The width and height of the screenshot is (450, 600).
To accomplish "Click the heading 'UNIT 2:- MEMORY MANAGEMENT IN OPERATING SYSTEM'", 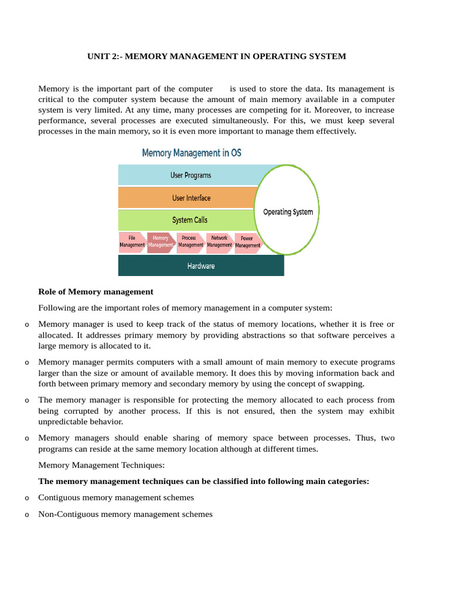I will pyautogui.click(x=216, y=56).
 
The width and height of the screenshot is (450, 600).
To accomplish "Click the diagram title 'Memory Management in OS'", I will pyautogui.click(x=192, y=153).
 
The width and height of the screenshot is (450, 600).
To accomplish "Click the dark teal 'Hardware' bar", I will pyautogui.click(x=201, y=265).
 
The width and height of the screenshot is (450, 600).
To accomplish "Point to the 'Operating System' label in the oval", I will pyautogui.click(x=288, y=212).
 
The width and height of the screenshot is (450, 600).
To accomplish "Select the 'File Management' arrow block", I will pyautogui.click(x=132, y=242).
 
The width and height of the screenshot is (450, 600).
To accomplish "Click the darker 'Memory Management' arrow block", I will pyautogui.click(x=161, y=242).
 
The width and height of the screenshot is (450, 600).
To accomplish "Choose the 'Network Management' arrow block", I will pyautogui.click(x=219, y=242).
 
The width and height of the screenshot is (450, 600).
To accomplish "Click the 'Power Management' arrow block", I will pyautogui.click(x=247, y=242).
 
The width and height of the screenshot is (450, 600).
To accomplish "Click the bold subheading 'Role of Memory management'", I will pyautogui.click(x=96, y=291).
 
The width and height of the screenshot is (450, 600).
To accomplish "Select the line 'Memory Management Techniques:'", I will pyautogui.click(x=101, y=465).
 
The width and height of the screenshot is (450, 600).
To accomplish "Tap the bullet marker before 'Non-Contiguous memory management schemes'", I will pyautogui.click(x=27, y=515).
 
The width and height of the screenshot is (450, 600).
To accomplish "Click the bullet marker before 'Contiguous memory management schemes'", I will pyautogui.click(x=27, y=498).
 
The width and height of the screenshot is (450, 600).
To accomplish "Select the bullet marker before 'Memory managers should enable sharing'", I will pyautogui.click(x=27, y=438).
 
